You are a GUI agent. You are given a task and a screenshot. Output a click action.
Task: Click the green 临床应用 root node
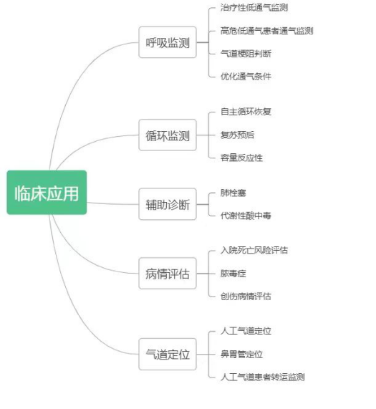coord(47,193)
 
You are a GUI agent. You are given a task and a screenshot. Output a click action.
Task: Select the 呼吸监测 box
coord(168,42)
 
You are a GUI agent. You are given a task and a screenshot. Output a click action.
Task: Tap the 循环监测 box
coord(168,135)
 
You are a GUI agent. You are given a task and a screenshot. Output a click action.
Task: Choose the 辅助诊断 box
coord(168,204)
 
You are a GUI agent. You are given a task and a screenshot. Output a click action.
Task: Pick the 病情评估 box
coord(168,274)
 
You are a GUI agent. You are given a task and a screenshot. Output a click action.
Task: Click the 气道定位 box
coord(168,355)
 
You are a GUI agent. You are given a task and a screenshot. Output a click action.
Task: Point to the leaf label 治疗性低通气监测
coord(254,8)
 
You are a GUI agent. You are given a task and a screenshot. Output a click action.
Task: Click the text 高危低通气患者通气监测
coord(266,31)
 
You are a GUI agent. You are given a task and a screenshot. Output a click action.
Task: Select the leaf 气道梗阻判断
coord(246,54)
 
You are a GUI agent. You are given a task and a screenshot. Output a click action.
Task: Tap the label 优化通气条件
coord(246,77)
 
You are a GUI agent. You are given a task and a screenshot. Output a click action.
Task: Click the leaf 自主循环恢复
coord(246,112)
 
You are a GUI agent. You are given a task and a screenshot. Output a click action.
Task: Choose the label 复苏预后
coord(237,135)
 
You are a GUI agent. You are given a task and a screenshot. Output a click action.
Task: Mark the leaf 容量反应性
coord(241,158)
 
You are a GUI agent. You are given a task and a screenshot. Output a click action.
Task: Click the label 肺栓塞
coord(233,193)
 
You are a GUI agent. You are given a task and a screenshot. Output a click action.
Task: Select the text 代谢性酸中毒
coord(246,216)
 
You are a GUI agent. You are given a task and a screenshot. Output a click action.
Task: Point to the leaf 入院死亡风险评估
coord(254,250)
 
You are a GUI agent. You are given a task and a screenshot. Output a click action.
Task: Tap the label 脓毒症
coord(233,274)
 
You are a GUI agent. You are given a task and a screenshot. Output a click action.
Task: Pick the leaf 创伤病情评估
coord(246,297)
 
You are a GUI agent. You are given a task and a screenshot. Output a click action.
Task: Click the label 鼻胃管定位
coord(241,355)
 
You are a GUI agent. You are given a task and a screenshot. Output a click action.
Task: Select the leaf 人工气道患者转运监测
coord(262,377)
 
